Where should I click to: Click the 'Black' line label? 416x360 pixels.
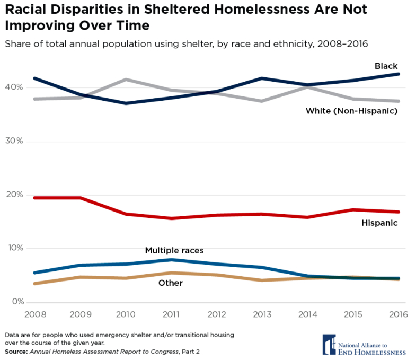pos(386,66)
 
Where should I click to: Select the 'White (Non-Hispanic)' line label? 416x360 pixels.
pos(352,111)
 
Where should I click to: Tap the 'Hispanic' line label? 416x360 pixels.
pos(379,223)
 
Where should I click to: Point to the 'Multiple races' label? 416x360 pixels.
pos(174,250)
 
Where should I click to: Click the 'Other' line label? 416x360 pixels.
pos(171,283)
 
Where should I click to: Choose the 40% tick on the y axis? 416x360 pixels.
pos(14,87)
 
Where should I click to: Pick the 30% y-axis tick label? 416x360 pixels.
pos(14,141)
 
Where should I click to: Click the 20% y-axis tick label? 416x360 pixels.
pos(14,195)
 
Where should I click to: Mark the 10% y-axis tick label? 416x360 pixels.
pos(14,248)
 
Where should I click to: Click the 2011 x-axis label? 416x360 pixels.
pos(171,314)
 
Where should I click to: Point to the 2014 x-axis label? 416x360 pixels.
pos(307,314)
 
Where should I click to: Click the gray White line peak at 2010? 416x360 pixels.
pos(126,80)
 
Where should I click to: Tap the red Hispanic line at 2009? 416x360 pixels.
pos(80,198)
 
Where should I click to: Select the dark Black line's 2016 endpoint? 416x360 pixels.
pos(399,74)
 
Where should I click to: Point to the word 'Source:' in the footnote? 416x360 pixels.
pos(16,352)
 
